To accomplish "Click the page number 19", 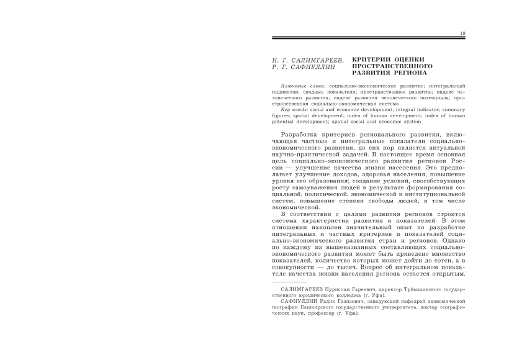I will tap(462, 33).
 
